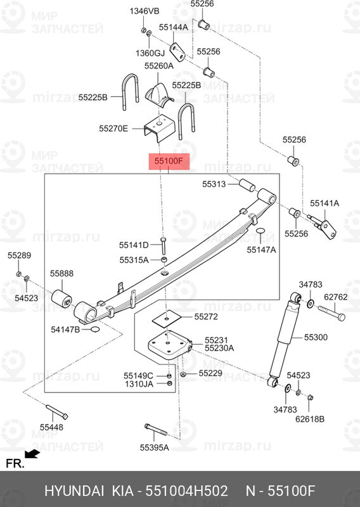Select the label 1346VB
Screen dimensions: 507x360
[145, 11]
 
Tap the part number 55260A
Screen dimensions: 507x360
[158, 65]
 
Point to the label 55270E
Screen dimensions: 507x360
[113, 129]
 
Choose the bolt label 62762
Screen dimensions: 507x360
[337, 296]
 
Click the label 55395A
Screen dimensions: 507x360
[155, 447]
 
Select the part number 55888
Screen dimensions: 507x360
[62, 273]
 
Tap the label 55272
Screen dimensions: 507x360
[206, 316]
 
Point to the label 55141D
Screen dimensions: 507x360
[134, 245]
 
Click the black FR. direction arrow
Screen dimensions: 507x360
[32, 454]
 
